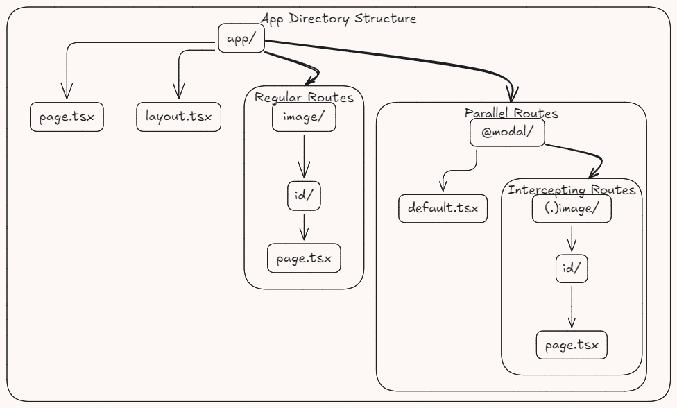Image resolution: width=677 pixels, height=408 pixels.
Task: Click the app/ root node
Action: click(241, 38)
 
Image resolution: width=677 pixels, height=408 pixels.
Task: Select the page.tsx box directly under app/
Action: click(67, 117)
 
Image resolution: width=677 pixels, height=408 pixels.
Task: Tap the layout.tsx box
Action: click(178, 117)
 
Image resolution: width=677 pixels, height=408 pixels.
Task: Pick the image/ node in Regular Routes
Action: click(304, 117)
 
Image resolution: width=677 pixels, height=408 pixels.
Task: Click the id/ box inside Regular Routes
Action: click(304, 196)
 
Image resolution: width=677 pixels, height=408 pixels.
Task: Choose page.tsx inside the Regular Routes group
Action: click(304, 259)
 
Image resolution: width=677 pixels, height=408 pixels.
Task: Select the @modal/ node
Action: click(507, 133)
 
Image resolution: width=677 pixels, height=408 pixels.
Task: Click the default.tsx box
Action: click(443, 208)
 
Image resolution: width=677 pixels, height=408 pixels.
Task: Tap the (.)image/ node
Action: click(572, 208)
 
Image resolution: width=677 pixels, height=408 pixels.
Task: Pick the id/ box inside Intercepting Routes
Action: click(572, 269)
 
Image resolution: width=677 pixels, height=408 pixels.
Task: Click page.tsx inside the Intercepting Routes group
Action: click(572, 345)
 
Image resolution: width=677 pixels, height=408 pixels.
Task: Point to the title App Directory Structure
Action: click(338, 19)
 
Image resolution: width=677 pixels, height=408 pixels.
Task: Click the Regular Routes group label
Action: click(304, 97)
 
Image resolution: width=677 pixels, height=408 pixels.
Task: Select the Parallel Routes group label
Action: click(511, 113)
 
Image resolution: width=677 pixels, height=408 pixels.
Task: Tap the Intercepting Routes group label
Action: click(572, 189)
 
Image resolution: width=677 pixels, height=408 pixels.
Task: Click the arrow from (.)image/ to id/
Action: click(572, 239)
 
